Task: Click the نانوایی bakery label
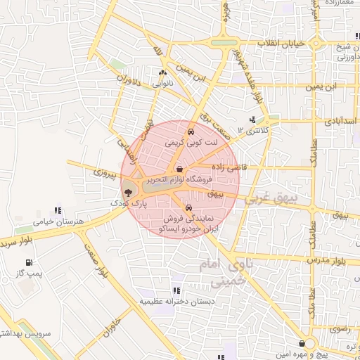tap(162, 83)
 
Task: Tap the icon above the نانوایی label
tap(163, 72)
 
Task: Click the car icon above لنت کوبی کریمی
tap(191, 131)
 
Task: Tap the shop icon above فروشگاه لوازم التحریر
tap(181, 169)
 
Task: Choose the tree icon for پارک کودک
tap(128, 192)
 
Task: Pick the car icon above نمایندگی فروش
tap(189, 207)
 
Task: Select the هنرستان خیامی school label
tap(58, 221)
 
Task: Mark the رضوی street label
tap(341, 328)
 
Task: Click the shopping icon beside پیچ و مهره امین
tap(302, 344)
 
